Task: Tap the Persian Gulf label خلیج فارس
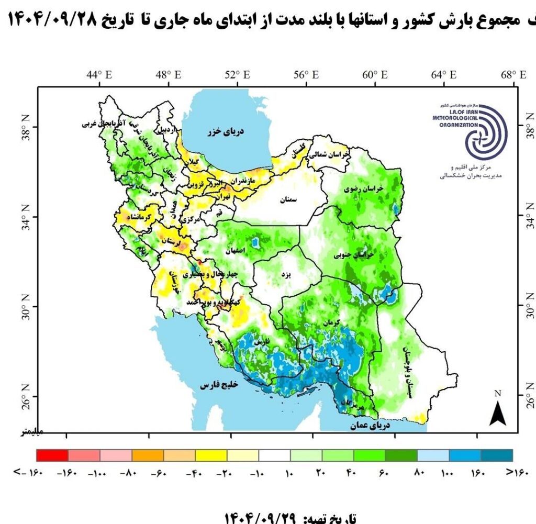pyautogui.click(x=219, y=385)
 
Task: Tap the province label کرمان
pyautogui.click(x=331, y=321)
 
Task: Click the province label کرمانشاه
pyautogui.click(x=139, y=216)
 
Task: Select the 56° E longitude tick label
pyautogui.click(x=306, y=75)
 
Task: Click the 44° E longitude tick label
pyautogui.click(x=99, y=75)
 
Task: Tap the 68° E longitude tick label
pyautogui.click(x=513, y=75)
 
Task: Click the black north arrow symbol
pyautogui.click(x=497, y=414)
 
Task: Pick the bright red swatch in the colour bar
pyautogui.click(x=52, y=455)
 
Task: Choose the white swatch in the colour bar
pyautogui.click(x=274, y=455)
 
